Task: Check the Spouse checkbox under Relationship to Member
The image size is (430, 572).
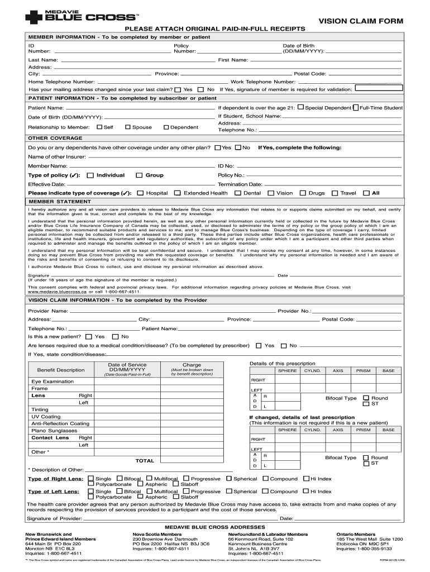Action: [x=128, y=127]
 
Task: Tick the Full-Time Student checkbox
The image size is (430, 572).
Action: [x=356, y=107]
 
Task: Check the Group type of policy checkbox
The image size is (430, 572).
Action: [x=138, y=175]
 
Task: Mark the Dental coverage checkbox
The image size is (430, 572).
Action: [x=238, y=193]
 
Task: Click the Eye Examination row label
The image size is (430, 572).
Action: [x=52, y=382]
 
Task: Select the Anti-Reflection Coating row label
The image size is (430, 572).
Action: [x=60, y=424]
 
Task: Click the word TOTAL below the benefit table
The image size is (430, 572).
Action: [x=145, y=461]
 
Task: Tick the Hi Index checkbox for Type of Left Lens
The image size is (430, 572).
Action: [x=305, y=492]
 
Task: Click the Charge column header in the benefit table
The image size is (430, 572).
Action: [x=192, y=365]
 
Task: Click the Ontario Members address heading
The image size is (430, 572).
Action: [x=356, y=534]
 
